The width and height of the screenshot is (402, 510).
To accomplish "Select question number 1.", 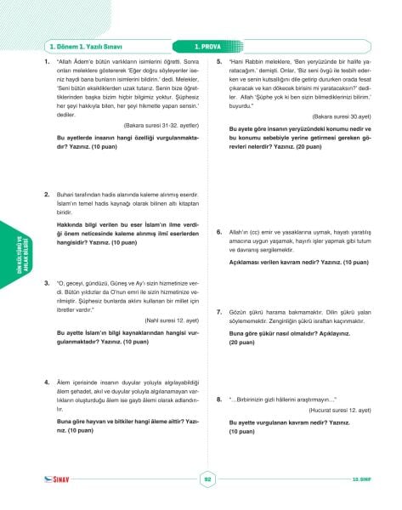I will tap(47, 62).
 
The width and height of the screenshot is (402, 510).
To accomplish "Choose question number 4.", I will tap(47, 384).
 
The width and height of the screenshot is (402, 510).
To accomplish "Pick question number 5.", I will tap(220, 62).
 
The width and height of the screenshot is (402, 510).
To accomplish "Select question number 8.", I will tap(220, 398).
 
